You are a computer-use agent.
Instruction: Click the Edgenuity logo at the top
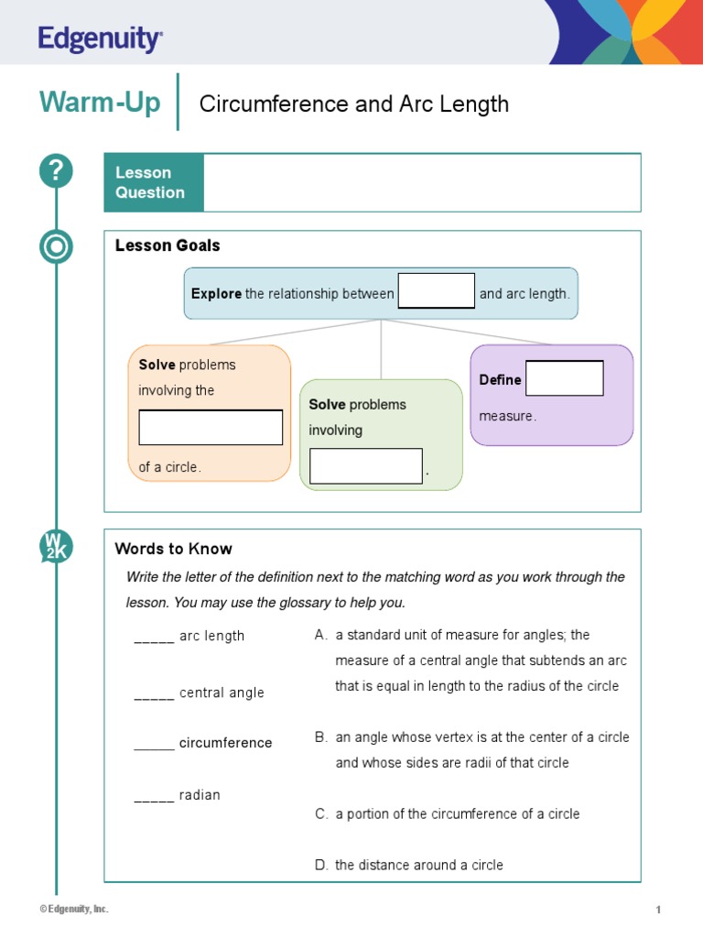101,39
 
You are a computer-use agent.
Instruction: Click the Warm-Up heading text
100,103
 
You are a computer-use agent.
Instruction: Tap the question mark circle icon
56,171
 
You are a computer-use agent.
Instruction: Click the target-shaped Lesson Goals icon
56,247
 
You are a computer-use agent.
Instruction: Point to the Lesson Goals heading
168,245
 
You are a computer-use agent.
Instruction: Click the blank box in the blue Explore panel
437,291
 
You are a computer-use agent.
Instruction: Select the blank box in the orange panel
211,428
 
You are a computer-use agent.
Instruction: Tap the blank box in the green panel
366,465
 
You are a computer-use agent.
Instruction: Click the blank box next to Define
565,378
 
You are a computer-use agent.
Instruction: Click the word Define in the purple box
500,379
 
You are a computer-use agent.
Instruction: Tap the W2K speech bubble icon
55,547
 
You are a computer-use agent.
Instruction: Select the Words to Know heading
173,549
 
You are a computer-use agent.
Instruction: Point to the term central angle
222,693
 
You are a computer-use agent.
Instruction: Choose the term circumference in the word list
225,743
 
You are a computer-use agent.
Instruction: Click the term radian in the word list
200,795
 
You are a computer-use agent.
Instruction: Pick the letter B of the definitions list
320,737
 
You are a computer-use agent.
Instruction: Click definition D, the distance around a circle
418,865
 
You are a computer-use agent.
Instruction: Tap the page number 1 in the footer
658,910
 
